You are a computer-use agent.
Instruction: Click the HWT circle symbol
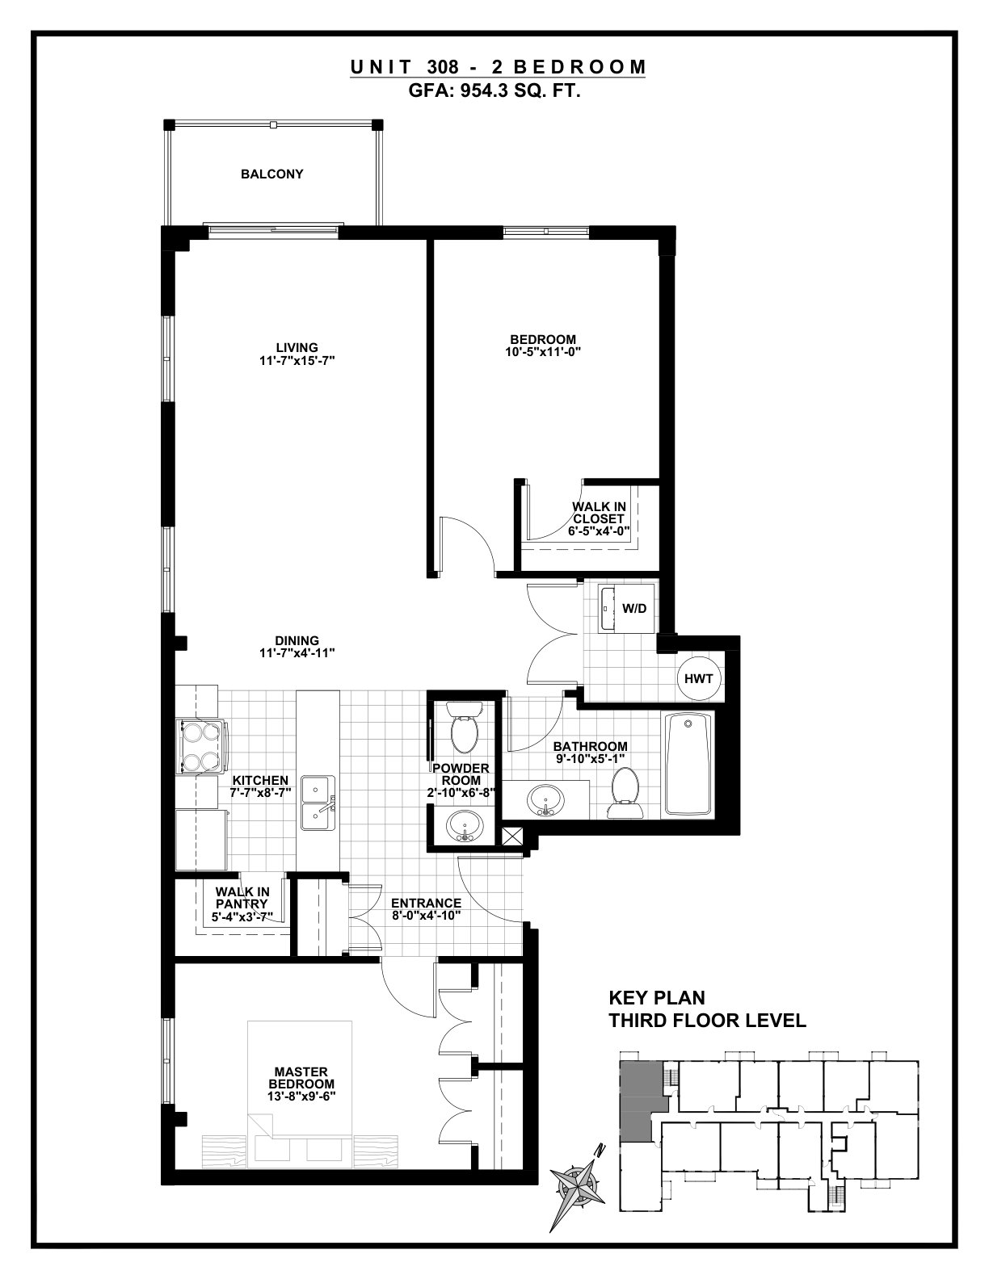699,678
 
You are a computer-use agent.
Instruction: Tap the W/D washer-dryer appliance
625,608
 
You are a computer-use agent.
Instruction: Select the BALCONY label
272,174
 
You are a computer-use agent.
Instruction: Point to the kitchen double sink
318,803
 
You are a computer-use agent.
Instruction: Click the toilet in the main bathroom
625,792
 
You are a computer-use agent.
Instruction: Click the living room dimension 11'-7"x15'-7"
297,361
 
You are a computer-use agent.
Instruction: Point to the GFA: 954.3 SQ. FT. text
494,92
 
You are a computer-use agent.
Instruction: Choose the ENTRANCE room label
426,903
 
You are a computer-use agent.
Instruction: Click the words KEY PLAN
657,998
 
